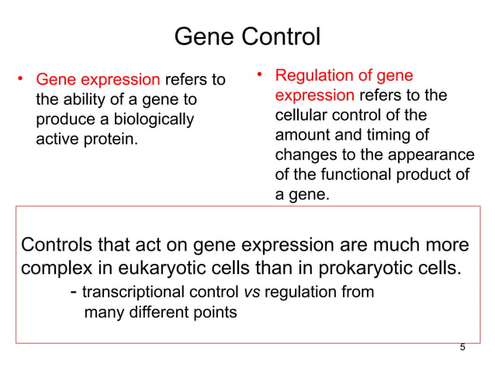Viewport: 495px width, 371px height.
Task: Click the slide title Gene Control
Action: (247, 36)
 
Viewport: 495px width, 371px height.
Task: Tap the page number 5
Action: (462, 347)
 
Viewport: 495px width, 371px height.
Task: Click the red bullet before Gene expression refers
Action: (22, 79)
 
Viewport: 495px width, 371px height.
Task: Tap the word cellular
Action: (302, 116)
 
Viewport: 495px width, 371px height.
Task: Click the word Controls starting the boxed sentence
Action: (53, 246)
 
